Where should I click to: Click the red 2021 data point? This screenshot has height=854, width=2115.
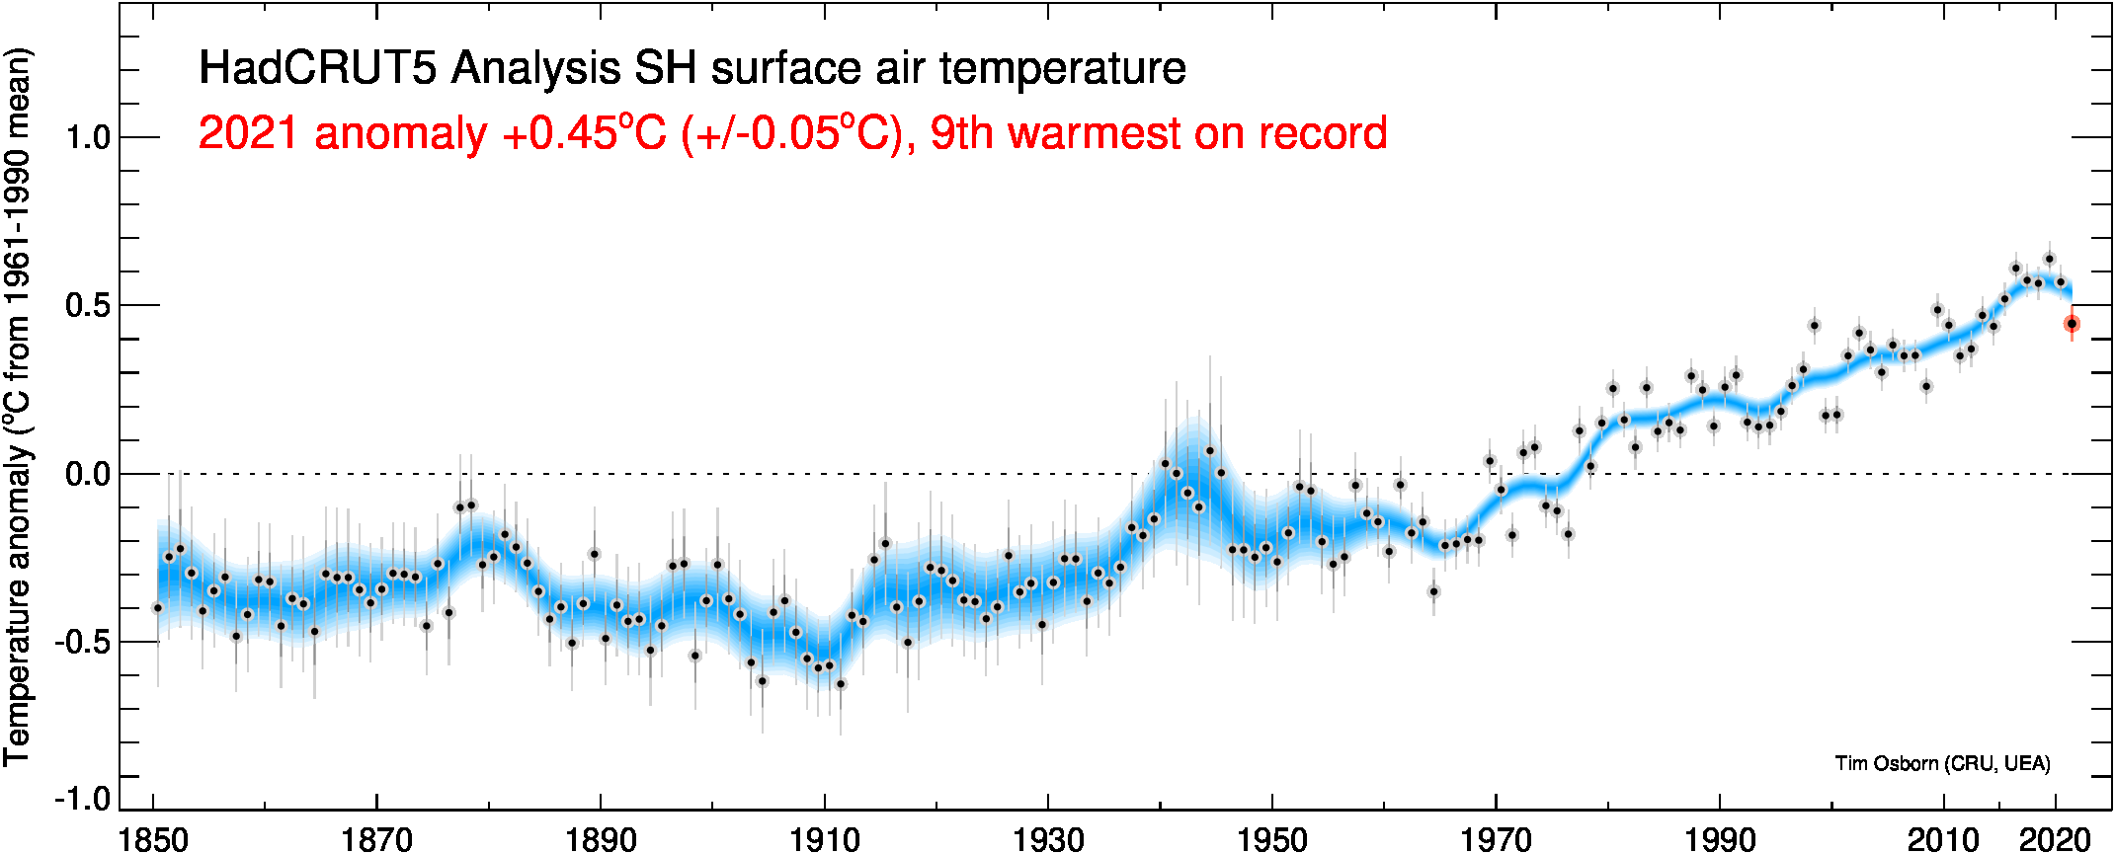pyautogui.click(x=2072, y=324)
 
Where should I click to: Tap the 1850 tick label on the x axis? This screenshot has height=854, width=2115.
pyautogui.click(x=153, y=840)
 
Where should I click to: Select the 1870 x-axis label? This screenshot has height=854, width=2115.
pyautogui.click(x=376, y=840)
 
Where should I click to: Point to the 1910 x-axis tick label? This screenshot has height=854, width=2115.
pyautogui.click(x=825, y=840)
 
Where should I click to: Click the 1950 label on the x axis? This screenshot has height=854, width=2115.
pyautogui.click(x=1272, y=840)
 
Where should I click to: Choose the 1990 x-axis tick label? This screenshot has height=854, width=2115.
pyautogui.click(x=1720, y=840)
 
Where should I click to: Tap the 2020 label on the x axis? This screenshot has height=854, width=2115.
pyautogui.click(x=2055, y=840)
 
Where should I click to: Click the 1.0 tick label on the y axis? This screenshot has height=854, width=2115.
pyautogui.click(x=88, y=137)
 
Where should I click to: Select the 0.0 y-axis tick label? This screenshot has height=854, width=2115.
pyautogui.click(x=88, y=474)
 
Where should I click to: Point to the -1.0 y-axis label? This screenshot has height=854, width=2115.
pyautogui.click(x=82, y=798)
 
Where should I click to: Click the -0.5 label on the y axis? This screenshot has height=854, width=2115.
pyautogui.click(x=82, y=643)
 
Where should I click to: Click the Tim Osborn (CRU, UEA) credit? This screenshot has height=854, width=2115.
pyautogui.click(x=1942, y=763)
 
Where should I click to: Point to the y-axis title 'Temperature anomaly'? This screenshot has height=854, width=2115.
pyautogui.click(x=18, y=602)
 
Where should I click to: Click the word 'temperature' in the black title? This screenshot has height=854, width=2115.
pyautogui.click(x=1062, y=68)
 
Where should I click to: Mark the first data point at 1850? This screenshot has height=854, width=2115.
pyautogui.click(x=157, y=608)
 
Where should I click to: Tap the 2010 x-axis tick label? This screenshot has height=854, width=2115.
pyautogui.click(x=1943, y=840)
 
